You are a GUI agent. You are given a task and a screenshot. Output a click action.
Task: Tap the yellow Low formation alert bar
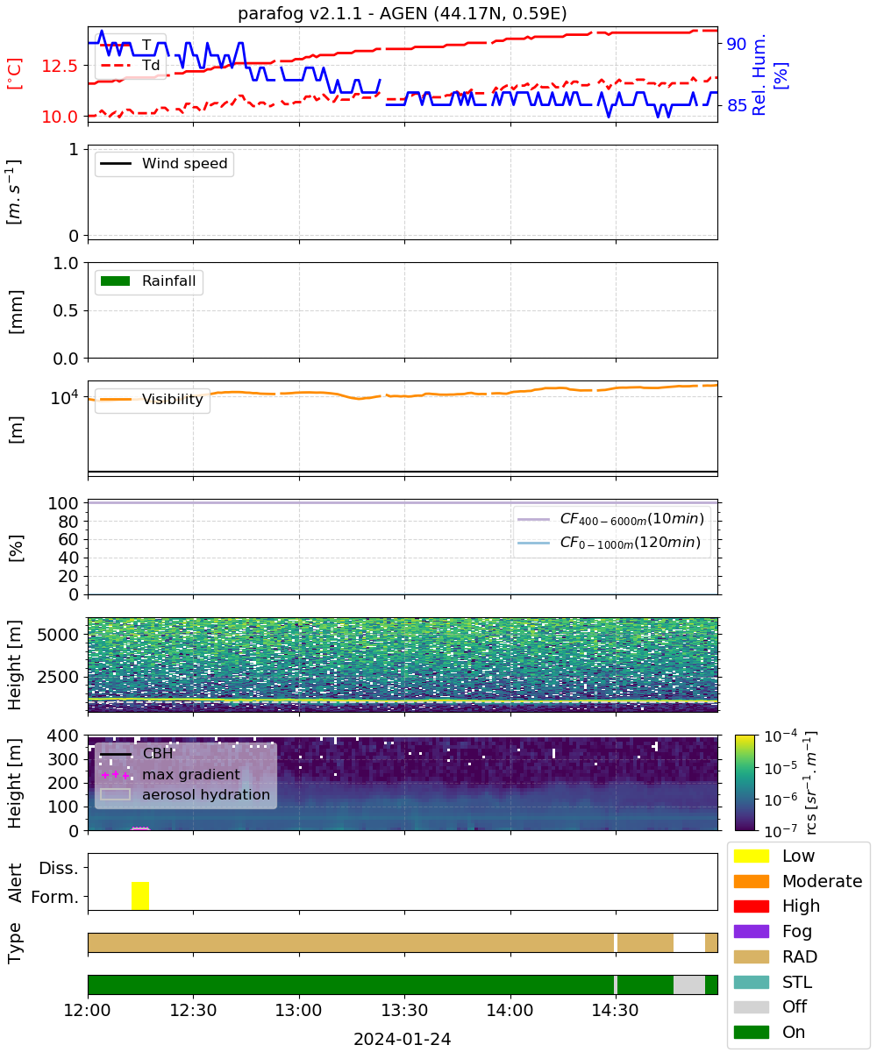140,895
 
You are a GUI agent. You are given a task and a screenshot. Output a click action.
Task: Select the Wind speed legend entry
164,163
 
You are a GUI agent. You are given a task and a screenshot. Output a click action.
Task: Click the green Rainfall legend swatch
116,281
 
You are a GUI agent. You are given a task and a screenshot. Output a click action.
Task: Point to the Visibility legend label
173,399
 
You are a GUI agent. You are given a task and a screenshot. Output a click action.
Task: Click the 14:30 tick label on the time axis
615,1010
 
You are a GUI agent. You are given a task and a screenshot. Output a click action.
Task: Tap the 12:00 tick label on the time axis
87,1010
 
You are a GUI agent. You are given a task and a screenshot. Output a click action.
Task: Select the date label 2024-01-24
403,1039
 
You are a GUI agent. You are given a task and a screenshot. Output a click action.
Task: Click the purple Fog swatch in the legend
751,932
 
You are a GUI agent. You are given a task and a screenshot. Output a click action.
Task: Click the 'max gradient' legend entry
170,774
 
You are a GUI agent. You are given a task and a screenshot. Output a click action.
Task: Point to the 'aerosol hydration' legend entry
185,794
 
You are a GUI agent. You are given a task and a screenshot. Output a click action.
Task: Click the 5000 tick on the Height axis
58,635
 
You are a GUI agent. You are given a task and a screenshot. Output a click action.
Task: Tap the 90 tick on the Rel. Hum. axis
737,44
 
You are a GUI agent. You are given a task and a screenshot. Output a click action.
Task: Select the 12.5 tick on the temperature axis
60,66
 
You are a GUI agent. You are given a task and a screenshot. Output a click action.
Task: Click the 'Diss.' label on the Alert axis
59,868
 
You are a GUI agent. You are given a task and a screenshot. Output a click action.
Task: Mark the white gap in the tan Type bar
689,942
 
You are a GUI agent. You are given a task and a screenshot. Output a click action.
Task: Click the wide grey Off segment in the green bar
689,985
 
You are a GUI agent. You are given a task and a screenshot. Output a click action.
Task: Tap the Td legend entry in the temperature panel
130,65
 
